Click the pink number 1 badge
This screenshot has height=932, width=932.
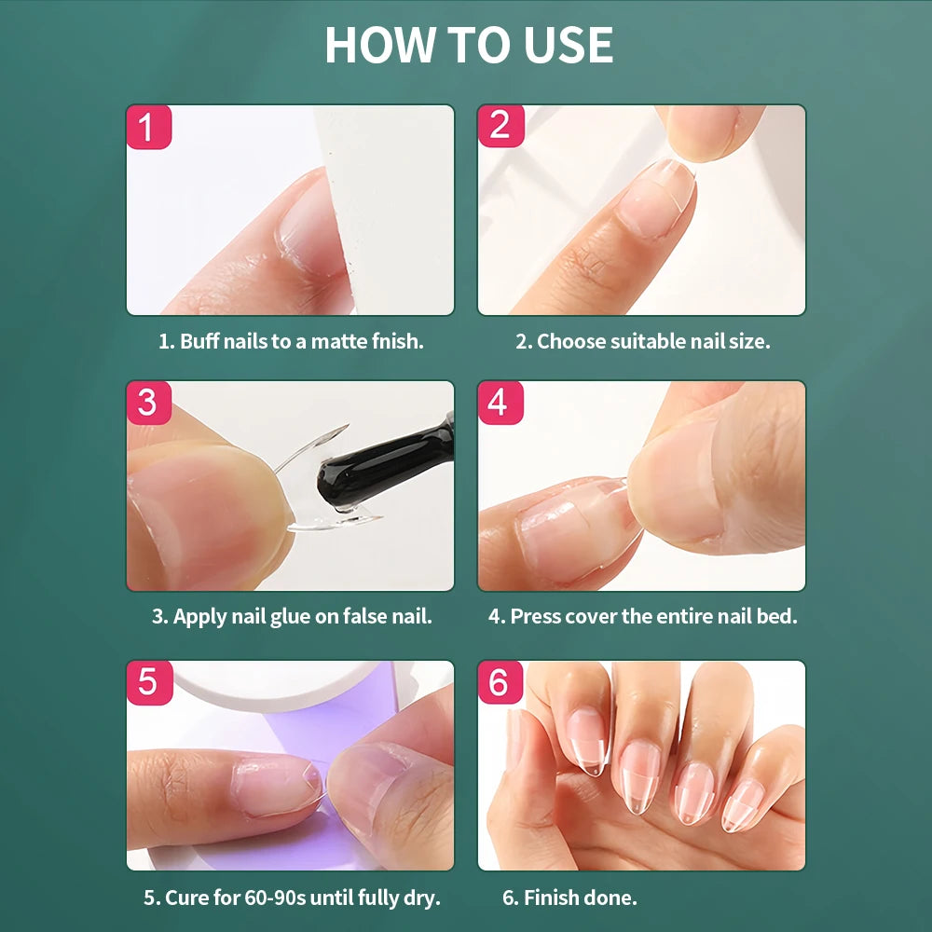148,127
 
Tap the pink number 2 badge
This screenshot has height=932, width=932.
500,127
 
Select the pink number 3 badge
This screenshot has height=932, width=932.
148,403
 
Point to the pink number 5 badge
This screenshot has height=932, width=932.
149,682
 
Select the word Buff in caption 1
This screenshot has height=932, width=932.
199,341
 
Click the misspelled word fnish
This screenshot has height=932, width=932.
398,341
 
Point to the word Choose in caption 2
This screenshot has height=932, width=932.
571,341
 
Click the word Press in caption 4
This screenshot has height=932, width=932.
535,617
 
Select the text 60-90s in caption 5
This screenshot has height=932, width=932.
275,898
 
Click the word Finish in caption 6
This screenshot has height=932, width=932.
552,898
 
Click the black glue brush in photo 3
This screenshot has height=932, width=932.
382,466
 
